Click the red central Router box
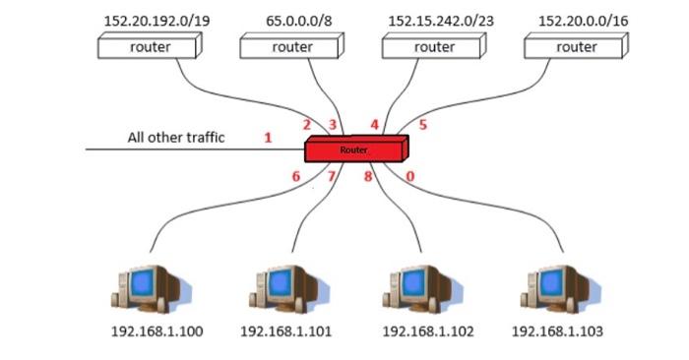click(x=355, y=150)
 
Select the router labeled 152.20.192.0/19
click(x=151, y=46)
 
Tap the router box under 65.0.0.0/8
click(x=291, y=46)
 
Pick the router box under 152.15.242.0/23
click(x=434, y=46)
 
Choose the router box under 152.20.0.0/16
click(x=576, y=46)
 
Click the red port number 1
click(x=268, y=138)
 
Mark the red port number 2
click(x=307, y=125)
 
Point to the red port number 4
click(x=374, y=125)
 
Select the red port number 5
click(x=423, y=125)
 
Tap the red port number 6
click(x=295, y=177)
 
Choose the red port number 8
click(x=368, y=177)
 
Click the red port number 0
click(x=410, y=177)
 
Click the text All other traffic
click(x=176, y=138)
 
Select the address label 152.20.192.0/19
click(x=151, y=20)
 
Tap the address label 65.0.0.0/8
click(x=292, y=20)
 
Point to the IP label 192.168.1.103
click(x=557, y=331)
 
